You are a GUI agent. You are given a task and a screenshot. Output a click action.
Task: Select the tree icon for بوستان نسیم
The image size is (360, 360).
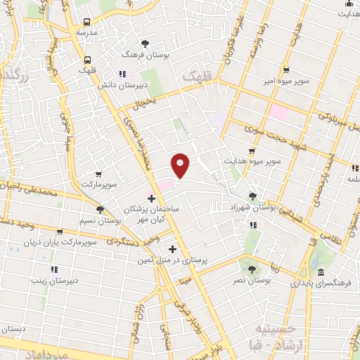click(101, 210)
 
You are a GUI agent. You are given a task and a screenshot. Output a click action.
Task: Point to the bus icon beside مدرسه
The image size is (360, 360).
click(87, 22)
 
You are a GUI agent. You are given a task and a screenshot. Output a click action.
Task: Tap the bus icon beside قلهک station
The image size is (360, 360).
click(87, 60)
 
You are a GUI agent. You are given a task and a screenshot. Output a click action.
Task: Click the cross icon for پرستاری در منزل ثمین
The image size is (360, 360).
click(172, 249)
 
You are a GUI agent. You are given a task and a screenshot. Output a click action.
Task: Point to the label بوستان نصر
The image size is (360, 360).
click(252, 280)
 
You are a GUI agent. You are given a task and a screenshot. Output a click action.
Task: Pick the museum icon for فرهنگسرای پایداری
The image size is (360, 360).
click(321, 273)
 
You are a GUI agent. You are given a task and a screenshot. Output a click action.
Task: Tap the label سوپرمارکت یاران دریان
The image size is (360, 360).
click(59, 243)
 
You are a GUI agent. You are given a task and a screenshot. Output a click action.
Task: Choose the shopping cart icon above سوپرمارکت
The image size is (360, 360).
click(98, 174)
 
